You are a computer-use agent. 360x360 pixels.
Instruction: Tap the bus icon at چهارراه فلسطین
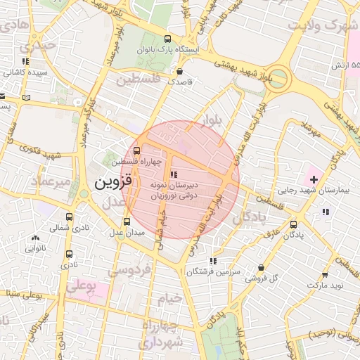136,150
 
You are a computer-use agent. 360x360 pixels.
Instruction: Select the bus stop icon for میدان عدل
127,221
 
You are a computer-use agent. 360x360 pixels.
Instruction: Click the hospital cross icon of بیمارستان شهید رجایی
313,171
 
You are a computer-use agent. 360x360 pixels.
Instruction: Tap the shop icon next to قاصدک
181,71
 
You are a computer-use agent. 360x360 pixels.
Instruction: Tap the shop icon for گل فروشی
262,268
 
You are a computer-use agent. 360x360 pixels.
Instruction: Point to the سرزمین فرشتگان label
214,271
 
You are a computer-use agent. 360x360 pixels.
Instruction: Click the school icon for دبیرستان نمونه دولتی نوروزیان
174,174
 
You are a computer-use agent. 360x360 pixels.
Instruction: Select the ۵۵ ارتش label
345,65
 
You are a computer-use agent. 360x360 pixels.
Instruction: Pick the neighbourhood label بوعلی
82,288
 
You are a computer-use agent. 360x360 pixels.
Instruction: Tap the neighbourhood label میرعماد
51,182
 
